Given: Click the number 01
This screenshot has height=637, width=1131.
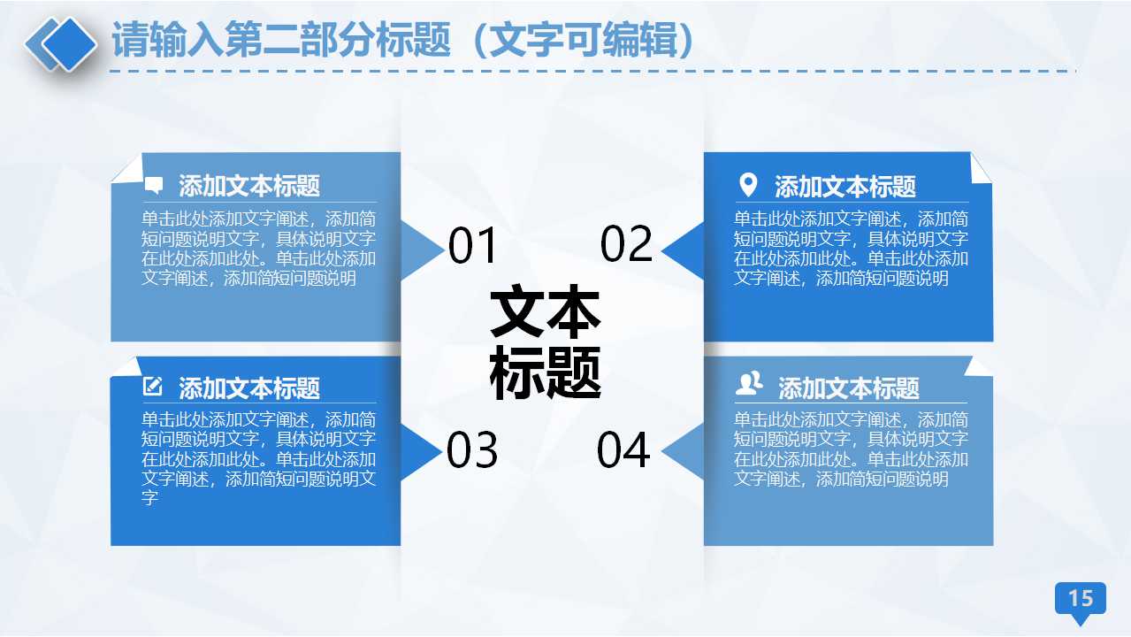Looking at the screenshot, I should pyautogui.click(x=473, y=246).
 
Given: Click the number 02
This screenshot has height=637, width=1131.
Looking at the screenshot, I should pyautogui.click(x=626, y=244).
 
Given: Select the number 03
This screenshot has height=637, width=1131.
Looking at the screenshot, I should pyautogui.click(x=472, y=450).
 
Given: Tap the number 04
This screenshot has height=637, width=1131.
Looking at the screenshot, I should pyautogui.click(x=623, y=449).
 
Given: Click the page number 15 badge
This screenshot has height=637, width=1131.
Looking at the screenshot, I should pyautogui.click(x=1081, y=599).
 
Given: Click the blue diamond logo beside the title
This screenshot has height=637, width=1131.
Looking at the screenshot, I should pyautogui.click(x=61, y=43).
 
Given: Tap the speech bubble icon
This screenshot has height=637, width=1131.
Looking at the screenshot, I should pyautogui.click(x=154, y=186).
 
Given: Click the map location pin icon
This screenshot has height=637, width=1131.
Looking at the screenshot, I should pyautogui.click(x=748, y=185).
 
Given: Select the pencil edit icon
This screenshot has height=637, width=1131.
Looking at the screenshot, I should pyautogui.click(x=153, y=387).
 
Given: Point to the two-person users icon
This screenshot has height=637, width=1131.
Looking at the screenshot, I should pyautogui.click(x=749, y=385).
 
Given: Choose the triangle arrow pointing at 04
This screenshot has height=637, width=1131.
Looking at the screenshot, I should pyautogui.click(x=684, y=451).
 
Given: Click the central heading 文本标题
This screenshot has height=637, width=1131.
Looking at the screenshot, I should pyautogui.click(x=546, y=341).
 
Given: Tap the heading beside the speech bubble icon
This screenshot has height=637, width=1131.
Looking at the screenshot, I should pyautogui.click(x=249, y=186).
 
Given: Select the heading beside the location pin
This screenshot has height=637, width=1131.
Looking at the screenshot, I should pyautogui.click(x=845, y=187).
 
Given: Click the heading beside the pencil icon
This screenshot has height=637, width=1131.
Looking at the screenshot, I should pyautogui.click(x=249, y=388).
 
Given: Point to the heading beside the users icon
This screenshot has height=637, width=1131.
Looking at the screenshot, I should pyautogui.click(x=849, y=388).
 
